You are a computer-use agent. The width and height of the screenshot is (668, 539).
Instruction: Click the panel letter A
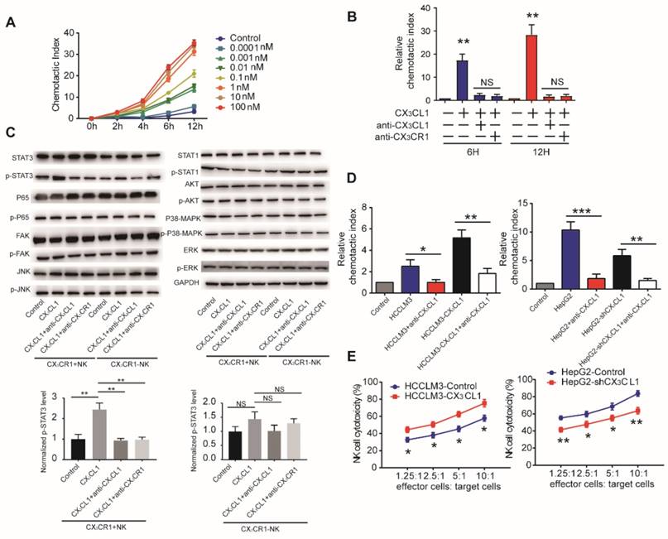11,24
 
